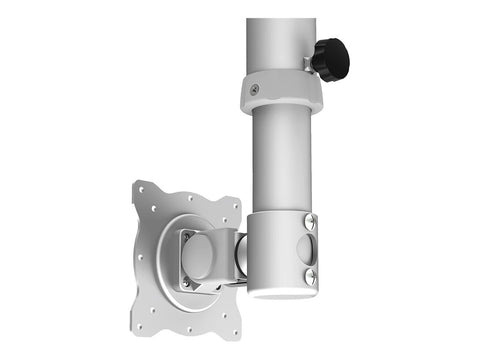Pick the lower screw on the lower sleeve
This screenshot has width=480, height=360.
coord(310,277)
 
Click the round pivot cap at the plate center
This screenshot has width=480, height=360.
coord(201,258)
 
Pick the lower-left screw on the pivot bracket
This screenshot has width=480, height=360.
coord(184,283)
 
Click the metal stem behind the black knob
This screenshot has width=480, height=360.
coord(308,64)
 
